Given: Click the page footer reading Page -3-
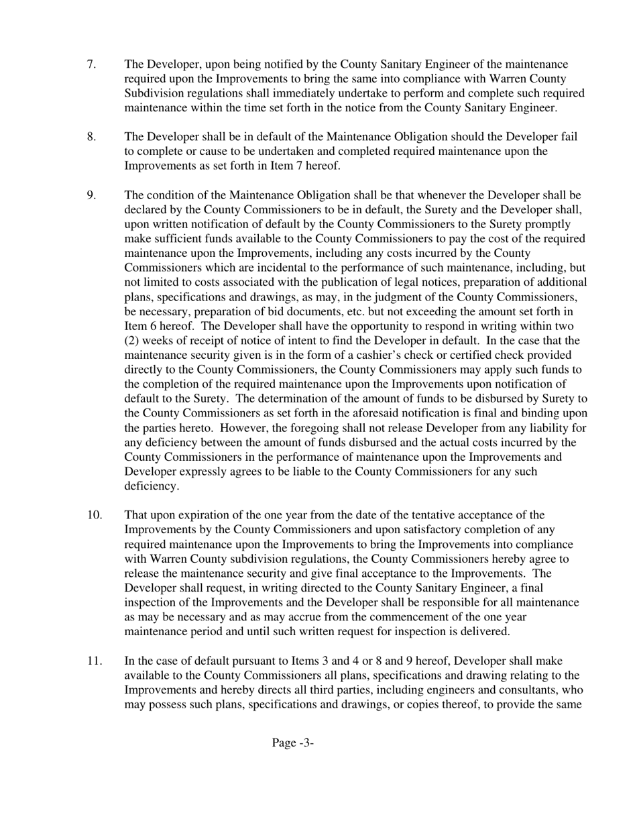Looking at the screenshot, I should tap(292, 742).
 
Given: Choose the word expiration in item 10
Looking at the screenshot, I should tap(215, 515).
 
